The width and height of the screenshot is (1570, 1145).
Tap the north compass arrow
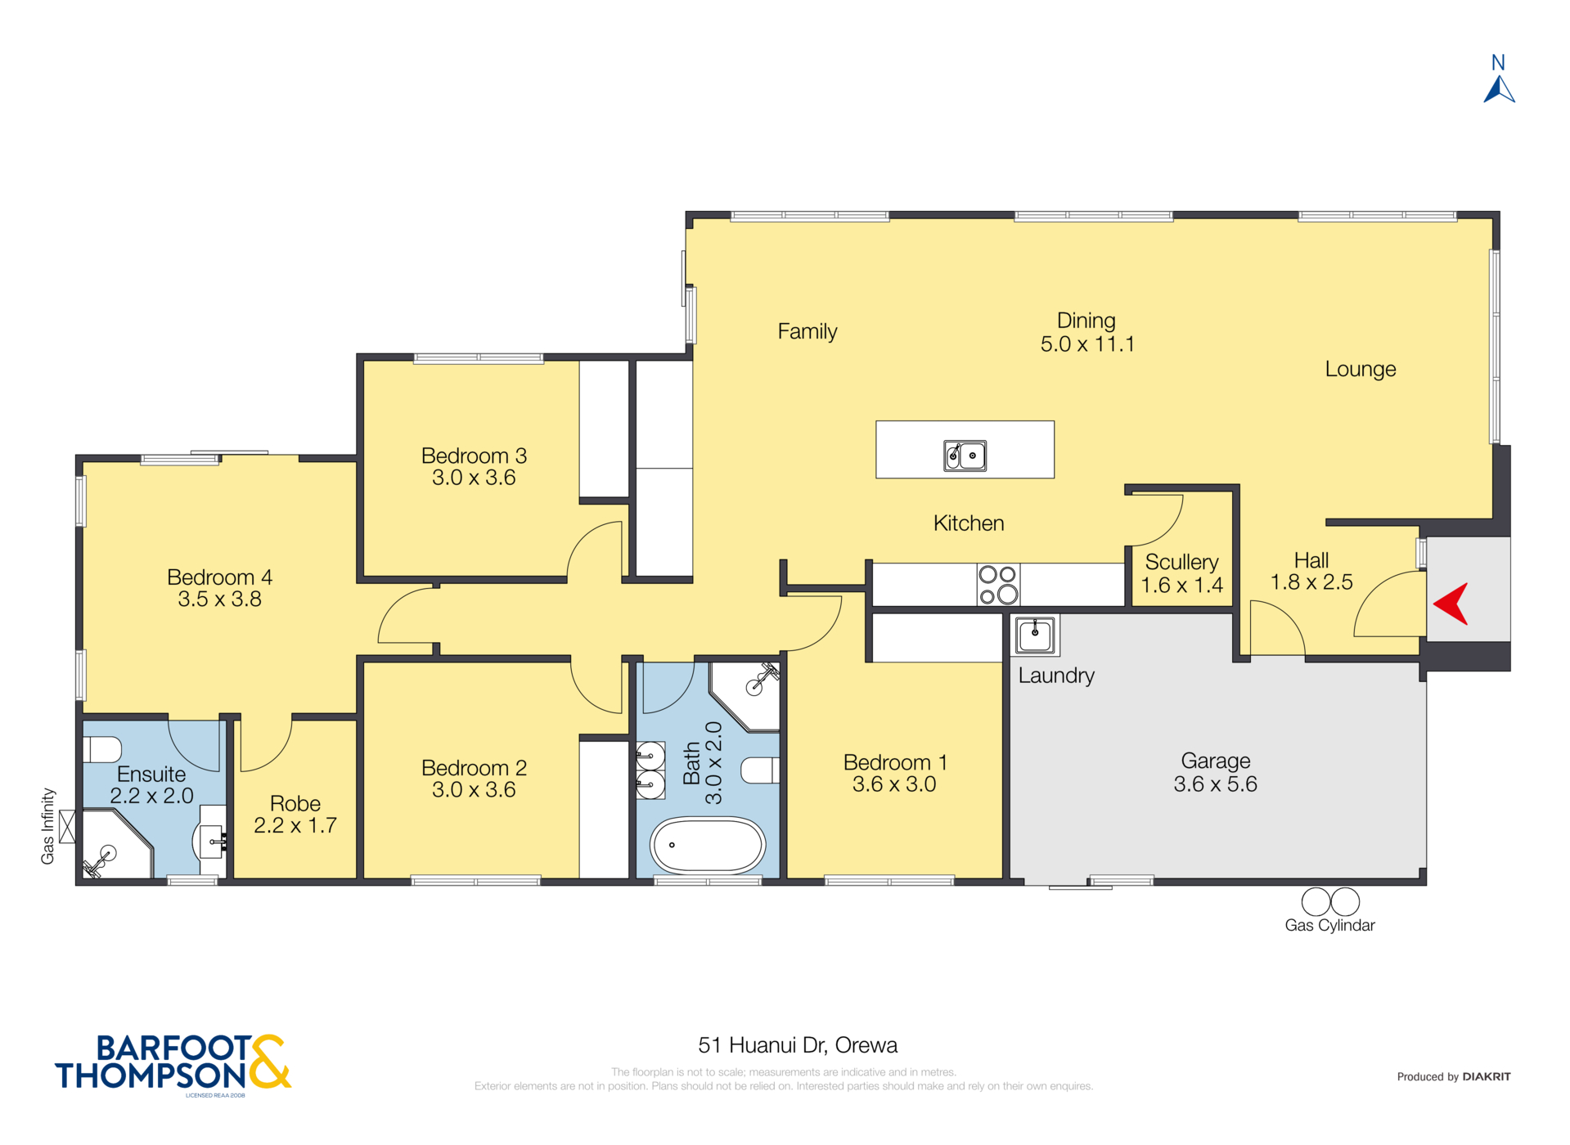click(1499, 89)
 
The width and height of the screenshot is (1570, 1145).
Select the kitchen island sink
click(965, 456)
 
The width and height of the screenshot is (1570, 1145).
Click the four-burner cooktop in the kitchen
click(998, 585)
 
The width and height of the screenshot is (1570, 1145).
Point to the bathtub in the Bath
click(708, 846)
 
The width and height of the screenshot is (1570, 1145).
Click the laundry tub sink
click(1035, 635)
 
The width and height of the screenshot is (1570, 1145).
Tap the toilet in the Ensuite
click(102, 749)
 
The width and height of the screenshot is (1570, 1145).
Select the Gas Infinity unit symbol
click(67, 826)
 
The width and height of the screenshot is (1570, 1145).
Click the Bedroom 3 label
click(474, 456)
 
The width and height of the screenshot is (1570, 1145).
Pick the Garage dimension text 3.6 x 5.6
click(1215, 784)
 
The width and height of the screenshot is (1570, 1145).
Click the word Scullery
click(1181, 563)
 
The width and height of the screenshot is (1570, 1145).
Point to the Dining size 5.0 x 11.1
click(1087, 344)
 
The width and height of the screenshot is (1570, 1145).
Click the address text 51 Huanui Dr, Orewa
click(798, 1045)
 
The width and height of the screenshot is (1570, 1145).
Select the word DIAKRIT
click(1487, 1076)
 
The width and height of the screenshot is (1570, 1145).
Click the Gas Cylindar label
click(1329, 925)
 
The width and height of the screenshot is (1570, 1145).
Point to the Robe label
click(295, 804)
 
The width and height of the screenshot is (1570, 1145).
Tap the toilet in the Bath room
click(760, 770)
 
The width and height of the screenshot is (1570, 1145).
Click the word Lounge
click(1361, 370)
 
